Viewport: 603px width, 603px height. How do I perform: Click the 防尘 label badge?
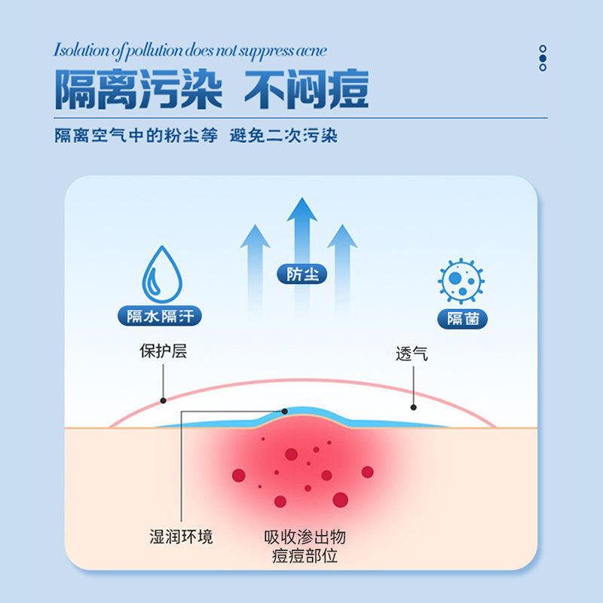301,274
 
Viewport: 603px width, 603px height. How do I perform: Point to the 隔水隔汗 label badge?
161,317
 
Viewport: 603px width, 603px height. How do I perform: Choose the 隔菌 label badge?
462,318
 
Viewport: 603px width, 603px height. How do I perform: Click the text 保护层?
162,352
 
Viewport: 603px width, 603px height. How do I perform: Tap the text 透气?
412,354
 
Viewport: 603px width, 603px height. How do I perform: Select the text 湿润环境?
181,537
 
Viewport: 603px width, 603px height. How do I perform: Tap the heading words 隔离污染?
138,90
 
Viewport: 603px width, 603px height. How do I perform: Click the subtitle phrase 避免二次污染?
283,136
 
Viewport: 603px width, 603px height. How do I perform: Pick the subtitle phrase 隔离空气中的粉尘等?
136,136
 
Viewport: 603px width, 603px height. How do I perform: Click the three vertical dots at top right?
543,58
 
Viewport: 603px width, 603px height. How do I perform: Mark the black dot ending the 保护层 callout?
163,400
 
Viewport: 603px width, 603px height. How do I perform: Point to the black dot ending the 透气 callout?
413,407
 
